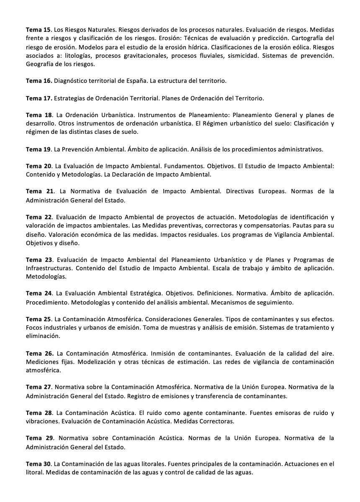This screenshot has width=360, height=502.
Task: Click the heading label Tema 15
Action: (x=38, y=30)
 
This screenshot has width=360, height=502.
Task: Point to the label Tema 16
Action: (x=39, y=81)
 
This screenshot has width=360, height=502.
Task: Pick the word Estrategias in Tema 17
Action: (x=72, y=98)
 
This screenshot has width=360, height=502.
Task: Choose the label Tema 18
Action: (x=39, y=115)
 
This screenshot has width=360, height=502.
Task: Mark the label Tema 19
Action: (x=38, y=149)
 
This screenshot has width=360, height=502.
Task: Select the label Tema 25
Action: (x=38, y=319)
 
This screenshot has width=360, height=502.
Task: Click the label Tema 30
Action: (x=38, y=464)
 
